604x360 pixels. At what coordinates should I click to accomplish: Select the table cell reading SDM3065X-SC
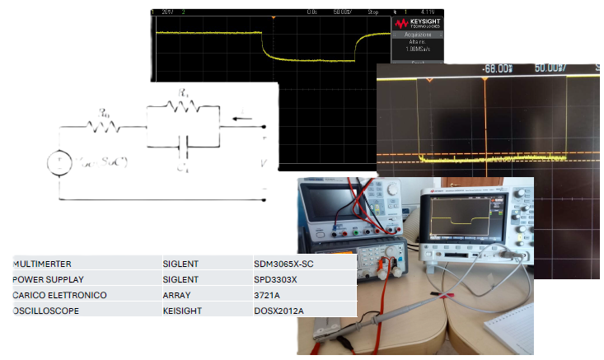click(285, 264)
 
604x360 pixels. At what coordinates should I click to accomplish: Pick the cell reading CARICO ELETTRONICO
click(59, 295)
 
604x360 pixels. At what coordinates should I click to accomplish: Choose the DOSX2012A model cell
click(280, 311)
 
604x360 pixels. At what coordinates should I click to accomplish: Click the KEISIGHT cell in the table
click(182, 311)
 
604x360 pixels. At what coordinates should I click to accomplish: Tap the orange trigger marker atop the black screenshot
click(273, 17)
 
